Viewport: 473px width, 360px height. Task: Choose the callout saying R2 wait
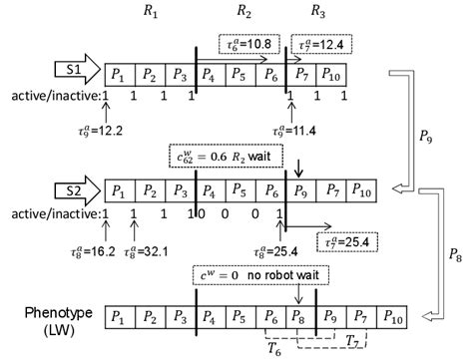tap(228, 158)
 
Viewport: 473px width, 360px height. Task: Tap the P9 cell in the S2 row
tap(298, 192)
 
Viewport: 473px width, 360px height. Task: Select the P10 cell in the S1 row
tap(333, 76)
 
